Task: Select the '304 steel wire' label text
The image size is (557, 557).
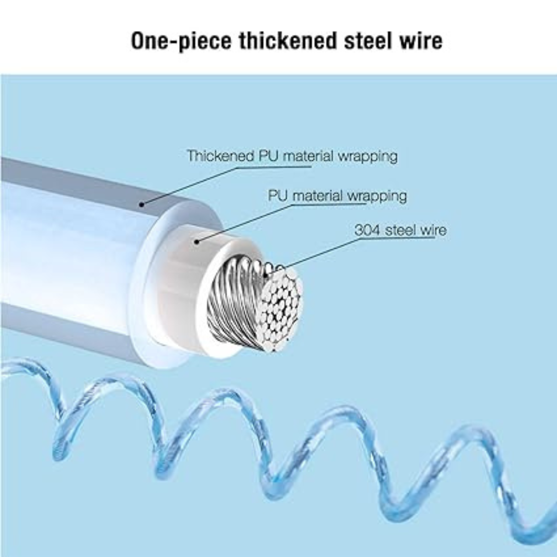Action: click(400, 230)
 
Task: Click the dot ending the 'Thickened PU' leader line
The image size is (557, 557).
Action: click(141, 204)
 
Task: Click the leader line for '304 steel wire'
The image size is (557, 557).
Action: click(320, 253)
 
